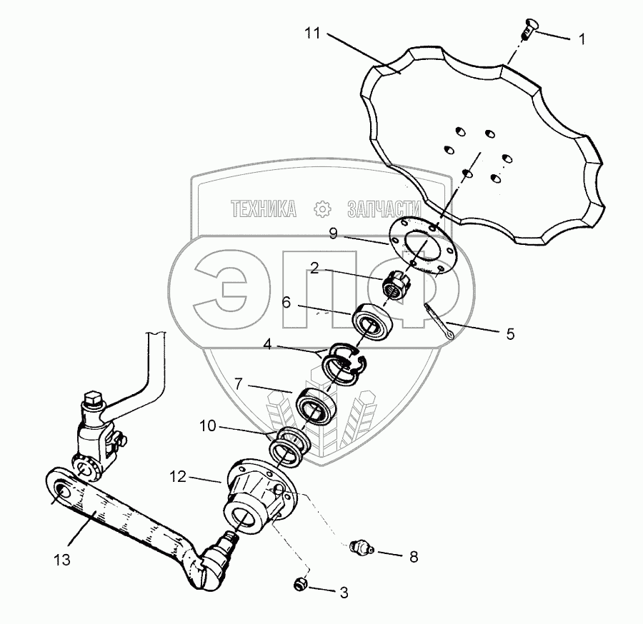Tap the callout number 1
coord(582,39)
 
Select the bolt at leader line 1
coord(527,29)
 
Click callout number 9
coord(332,233)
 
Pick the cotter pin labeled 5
coord(440,323)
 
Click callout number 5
coord(509,333)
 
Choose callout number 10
coord(206,428)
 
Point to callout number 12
coord(178,475)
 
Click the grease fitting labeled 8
coord(361,548)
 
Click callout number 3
coord(344,591)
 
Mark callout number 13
coord(64,560)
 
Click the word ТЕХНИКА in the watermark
coord(264,208)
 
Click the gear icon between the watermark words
coord(322,208)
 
